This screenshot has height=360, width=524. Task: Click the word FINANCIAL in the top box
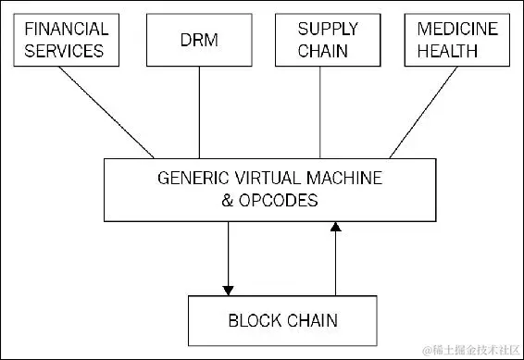pyautogui.click(x=66, y=29)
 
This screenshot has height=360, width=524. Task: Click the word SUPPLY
pyautogui.click(x=321, y=29)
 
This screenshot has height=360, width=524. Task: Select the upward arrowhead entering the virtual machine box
pyautogui.click(x=335, y=226)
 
